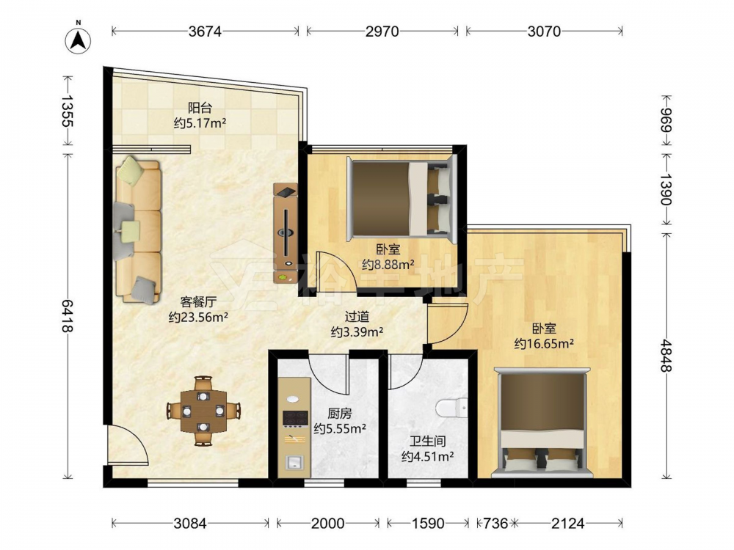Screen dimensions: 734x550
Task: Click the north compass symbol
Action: (79, 39)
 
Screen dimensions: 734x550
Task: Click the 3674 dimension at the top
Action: (205, 32)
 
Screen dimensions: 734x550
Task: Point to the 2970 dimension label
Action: (382, 32)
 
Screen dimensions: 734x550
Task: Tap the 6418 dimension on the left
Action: (68, 315)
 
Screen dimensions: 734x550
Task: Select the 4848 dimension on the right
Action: (666, 356)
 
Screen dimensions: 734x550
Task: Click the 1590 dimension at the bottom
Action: (427, 523)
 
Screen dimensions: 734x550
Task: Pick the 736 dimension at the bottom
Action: (495, 523)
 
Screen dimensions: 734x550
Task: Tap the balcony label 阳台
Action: (200, 108)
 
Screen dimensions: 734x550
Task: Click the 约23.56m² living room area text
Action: (198, 317)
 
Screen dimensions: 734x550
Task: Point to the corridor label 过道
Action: (357, 317)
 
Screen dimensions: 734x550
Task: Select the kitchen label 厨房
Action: (339, 414)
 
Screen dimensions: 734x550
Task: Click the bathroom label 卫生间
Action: (427, 441)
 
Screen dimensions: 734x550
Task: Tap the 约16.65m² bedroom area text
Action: (544, 344)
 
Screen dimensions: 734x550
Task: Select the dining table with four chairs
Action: (203, 411)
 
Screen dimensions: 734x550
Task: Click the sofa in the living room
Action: (138, 230)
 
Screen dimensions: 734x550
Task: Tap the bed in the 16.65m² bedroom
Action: (542, 423)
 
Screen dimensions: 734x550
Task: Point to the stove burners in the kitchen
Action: (295, 419)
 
